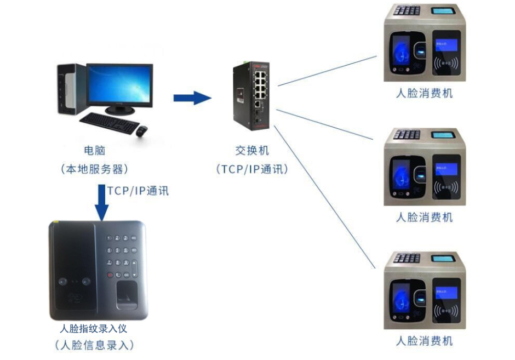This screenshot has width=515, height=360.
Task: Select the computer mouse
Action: [x=142, y=131]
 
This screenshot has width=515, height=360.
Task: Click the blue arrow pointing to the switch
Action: [x=192, y=98]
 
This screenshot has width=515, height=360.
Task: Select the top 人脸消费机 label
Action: [x=425, y=93]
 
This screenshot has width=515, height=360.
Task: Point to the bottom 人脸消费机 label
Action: [x=425, y=340]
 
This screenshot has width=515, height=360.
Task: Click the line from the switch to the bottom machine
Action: [x=329, y=197]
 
